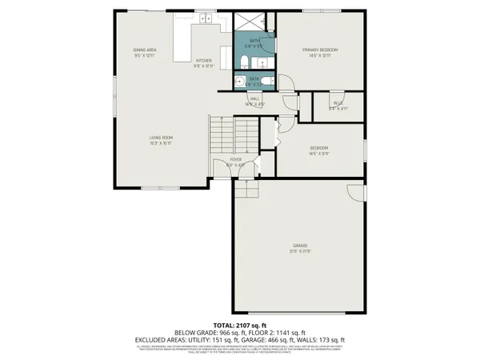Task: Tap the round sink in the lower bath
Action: click(x=240, y=81)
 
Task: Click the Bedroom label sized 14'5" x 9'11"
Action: click(x=319, y=151)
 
